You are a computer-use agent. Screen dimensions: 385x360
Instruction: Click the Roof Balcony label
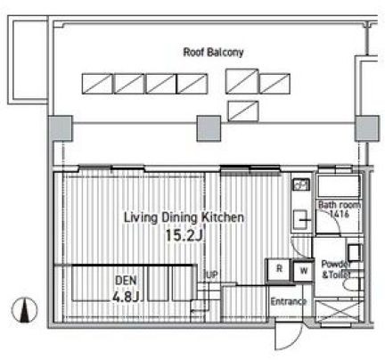[x=213, y=53]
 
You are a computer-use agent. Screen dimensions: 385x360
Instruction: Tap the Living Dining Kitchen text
[x=184, y=217]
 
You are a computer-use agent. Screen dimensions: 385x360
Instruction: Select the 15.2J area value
[x=184, y=236]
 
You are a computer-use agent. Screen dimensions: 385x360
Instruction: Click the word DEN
[x=126, y=281]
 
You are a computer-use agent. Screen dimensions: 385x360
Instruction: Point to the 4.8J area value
[x=127, y=297]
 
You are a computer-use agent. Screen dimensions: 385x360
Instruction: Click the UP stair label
[x=212, y=275]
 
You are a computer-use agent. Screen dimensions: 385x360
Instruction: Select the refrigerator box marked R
[x=279, y=270]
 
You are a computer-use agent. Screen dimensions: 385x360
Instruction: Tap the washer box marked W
[x=303, y=271]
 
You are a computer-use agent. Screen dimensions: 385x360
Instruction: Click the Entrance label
[x=288, y=302]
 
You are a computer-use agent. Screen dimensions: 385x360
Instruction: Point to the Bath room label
[x=340, y=205]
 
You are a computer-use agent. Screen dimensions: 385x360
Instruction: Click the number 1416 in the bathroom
[x=340, y=214]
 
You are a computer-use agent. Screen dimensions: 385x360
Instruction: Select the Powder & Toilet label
[x=336, y=269]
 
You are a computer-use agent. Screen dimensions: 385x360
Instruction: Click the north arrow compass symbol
[x=25, y=310]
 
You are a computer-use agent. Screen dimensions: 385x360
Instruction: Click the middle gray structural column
[x=209, y=128]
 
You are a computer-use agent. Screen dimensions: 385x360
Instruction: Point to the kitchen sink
[x=301, y=220]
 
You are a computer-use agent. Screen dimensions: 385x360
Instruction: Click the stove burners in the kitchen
[x=301, y=184]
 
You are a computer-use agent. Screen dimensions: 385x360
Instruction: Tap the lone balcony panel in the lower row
[x=243, y=111]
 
